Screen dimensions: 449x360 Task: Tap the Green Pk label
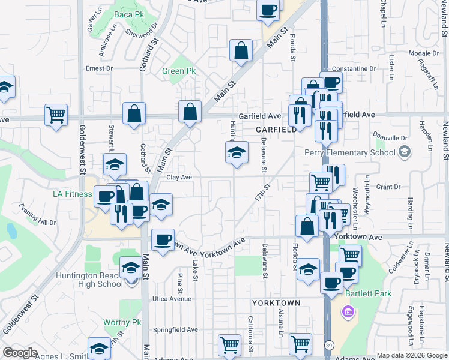pos(179,71)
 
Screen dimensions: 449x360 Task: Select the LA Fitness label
pos(72,194)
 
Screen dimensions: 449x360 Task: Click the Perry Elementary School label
pos(350,152)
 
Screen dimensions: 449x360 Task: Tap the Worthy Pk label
pos(122,322)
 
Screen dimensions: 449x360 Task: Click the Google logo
pos(20,353)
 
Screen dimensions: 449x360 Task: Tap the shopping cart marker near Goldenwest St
pos(56,113)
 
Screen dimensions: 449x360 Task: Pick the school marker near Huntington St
pos(237,152)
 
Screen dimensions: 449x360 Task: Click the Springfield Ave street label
pos(175,329)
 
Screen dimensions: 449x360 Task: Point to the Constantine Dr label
pos(357,69)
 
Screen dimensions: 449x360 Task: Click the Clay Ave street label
pos(179,177)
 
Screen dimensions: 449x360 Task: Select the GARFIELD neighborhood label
pos(276,130)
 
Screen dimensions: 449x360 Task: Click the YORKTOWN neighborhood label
pos(276,303)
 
